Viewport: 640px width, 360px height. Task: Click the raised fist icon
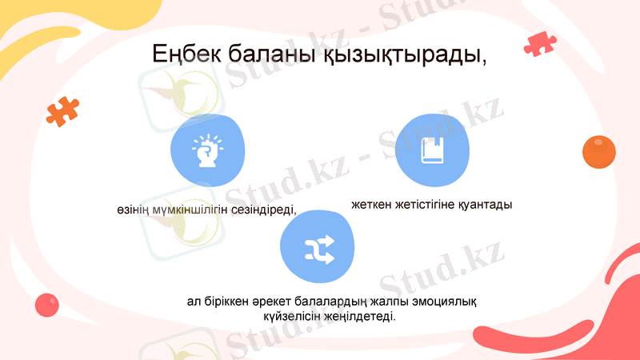tap(205, 150)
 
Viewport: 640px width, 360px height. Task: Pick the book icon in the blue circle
tap(431, 150)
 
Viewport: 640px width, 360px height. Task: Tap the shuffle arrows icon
tap(318, 250)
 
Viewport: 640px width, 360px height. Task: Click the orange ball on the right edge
tap(598, 152)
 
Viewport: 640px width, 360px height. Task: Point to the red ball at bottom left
tap(47, 305)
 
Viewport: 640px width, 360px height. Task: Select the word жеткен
tap(373, 205)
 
